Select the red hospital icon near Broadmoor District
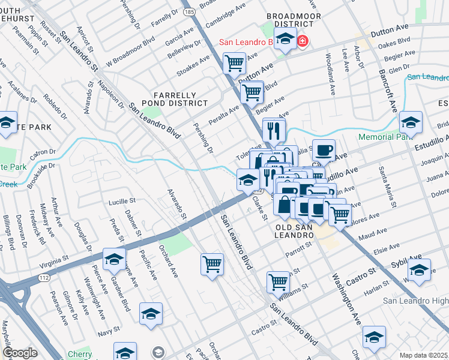(304, 41)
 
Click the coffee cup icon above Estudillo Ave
(324, 150)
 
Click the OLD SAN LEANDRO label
(294, 232)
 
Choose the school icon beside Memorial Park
(411, 122)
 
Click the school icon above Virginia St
(113, 259)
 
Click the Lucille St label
(122, 202)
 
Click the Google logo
(20, 353)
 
